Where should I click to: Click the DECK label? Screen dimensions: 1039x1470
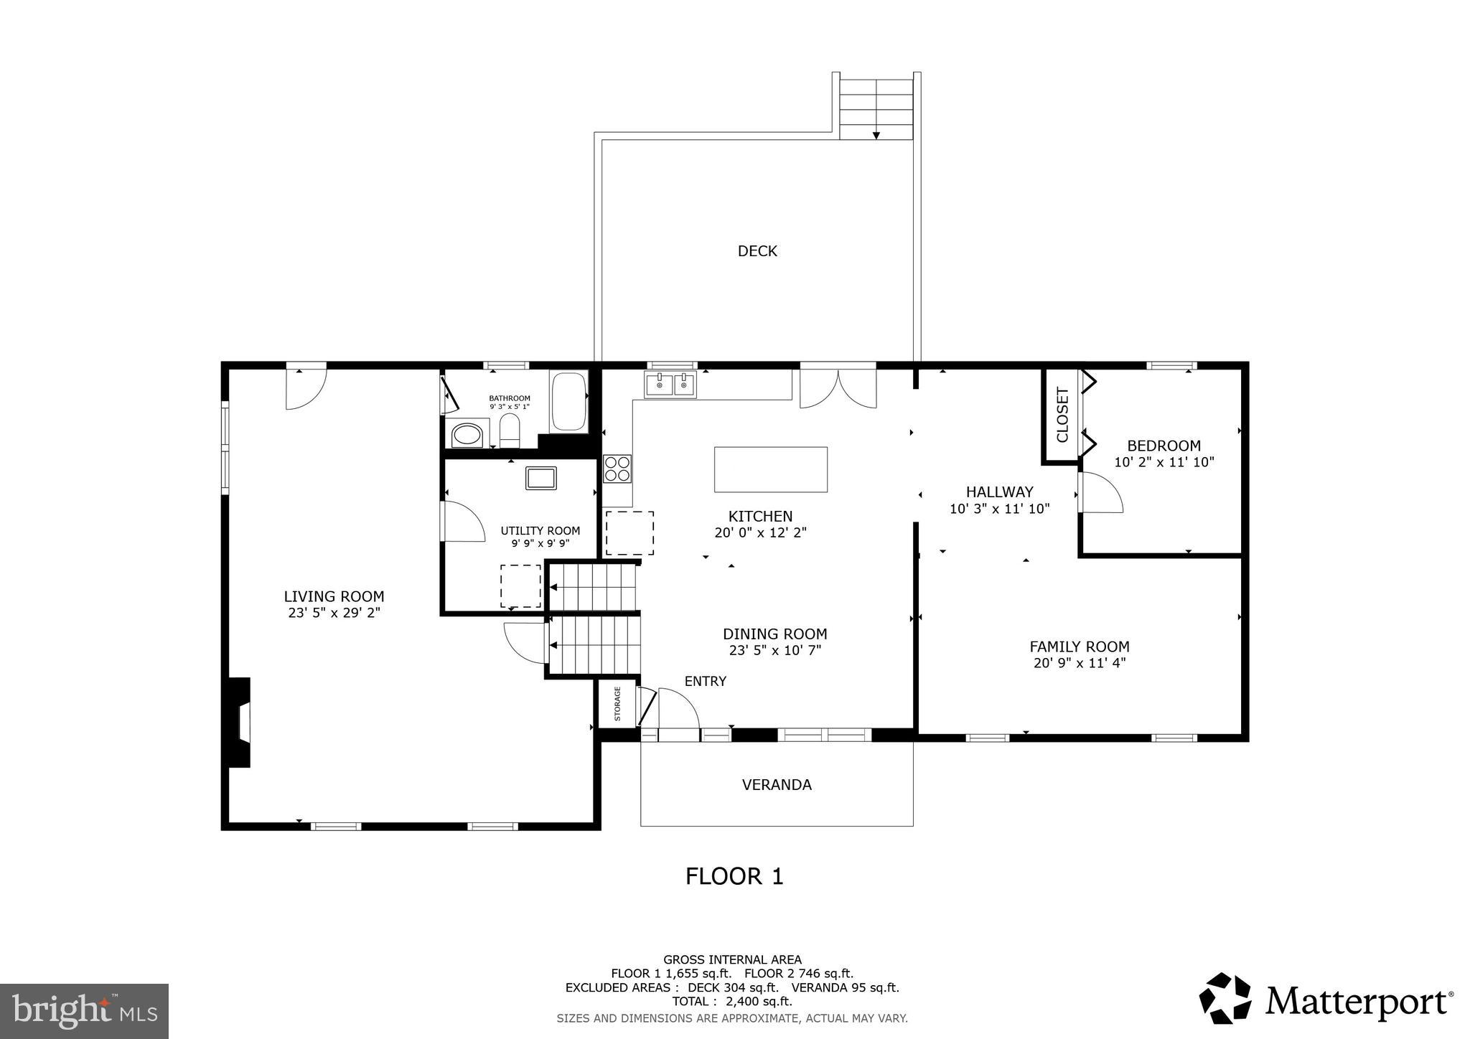pos(757,251)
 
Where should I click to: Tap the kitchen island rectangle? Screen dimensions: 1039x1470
pos(770,469)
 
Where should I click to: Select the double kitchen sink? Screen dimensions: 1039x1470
pos(670,385)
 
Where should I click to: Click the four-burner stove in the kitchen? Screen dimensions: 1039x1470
pos(617,469)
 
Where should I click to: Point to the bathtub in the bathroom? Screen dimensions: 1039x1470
pos(568,401)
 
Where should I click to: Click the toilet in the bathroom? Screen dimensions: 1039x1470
pos(510,430)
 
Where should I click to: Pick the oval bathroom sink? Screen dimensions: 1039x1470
pos(467,436)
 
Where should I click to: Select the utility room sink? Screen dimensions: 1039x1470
pos(540,478)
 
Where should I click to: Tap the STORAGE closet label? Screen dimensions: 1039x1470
pos(617,704)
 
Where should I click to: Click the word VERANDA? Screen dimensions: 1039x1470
pos(777,785)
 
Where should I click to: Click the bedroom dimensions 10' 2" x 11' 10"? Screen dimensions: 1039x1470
pos(1164,463)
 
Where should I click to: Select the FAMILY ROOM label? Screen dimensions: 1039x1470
pos(1080,647)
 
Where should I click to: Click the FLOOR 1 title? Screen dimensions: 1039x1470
pos(734,877)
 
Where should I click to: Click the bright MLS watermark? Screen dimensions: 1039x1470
pos(84,1011)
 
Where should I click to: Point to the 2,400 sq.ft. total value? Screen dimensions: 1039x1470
pos(759,1002)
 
